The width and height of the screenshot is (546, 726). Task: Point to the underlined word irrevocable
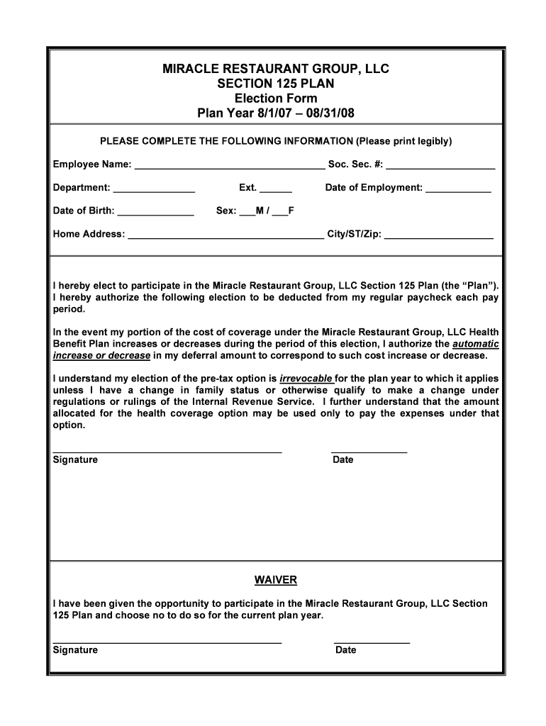coord(306,379)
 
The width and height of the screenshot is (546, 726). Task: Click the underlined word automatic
coord(475,344)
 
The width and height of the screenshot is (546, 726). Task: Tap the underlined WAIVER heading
coord(276,581)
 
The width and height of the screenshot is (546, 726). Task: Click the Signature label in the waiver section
coord(75,650)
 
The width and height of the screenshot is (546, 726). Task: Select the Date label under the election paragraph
coord(342,460)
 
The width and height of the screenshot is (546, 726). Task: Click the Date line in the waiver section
coord(372,641)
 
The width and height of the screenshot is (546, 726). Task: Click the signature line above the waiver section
coord(167,450)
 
